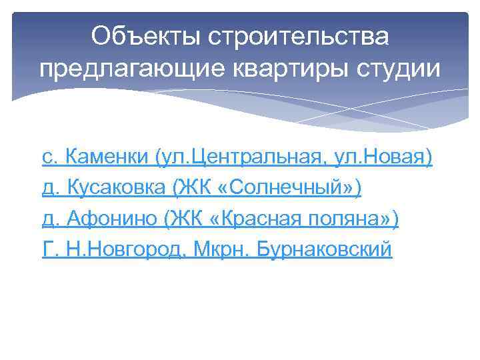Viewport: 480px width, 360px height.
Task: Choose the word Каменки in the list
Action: [107, 158]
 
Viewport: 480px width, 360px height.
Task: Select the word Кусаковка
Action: [114, 189]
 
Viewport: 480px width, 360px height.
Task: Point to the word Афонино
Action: [107, 220]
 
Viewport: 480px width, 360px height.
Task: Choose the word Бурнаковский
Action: [325, 251]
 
